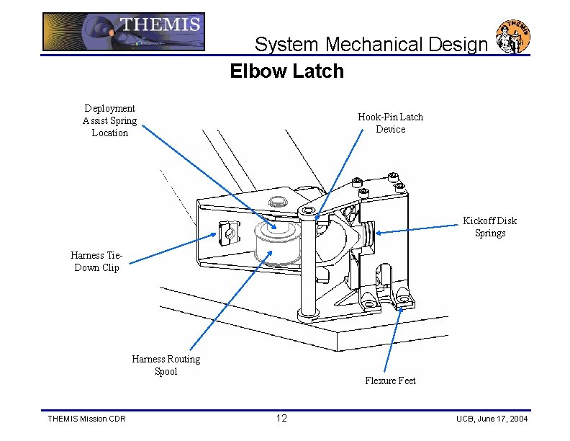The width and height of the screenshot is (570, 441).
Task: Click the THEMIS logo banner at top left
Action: pyautogui.click(x=123, y=32)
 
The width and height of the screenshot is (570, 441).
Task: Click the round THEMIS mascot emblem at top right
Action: pyautogui.click(x=513, y=37)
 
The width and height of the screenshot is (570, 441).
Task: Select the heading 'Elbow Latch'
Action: pyautogui.click(x=286, y=71)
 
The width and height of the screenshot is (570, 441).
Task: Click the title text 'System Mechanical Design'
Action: pyautogui.click(x=371, y=45)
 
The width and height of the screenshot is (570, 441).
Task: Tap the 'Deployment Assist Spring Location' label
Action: pyautogui.click(x=109, y=120)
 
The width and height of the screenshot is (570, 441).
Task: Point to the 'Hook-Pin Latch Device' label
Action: pyautogui.click(x=390, y=123)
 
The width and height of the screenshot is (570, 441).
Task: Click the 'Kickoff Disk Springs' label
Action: pyautogui.click(x=489, y=227)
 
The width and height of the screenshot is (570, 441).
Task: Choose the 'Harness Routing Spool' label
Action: pyautogui.click(x=166, y=365)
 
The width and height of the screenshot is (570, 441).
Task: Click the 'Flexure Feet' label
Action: pyautogui.click(x=390, y=380)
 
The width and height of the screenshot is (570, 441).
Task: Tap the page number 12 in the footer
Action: pyautogui.click(x=281, y=419)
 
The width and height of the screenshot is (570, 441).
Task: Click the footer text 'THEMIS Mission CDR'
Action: pyautogui.click(x=86, y=419)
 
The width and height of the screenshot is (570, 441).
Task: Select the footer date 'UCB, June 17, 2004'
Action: pyautogui.click(x=492, y=419)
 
